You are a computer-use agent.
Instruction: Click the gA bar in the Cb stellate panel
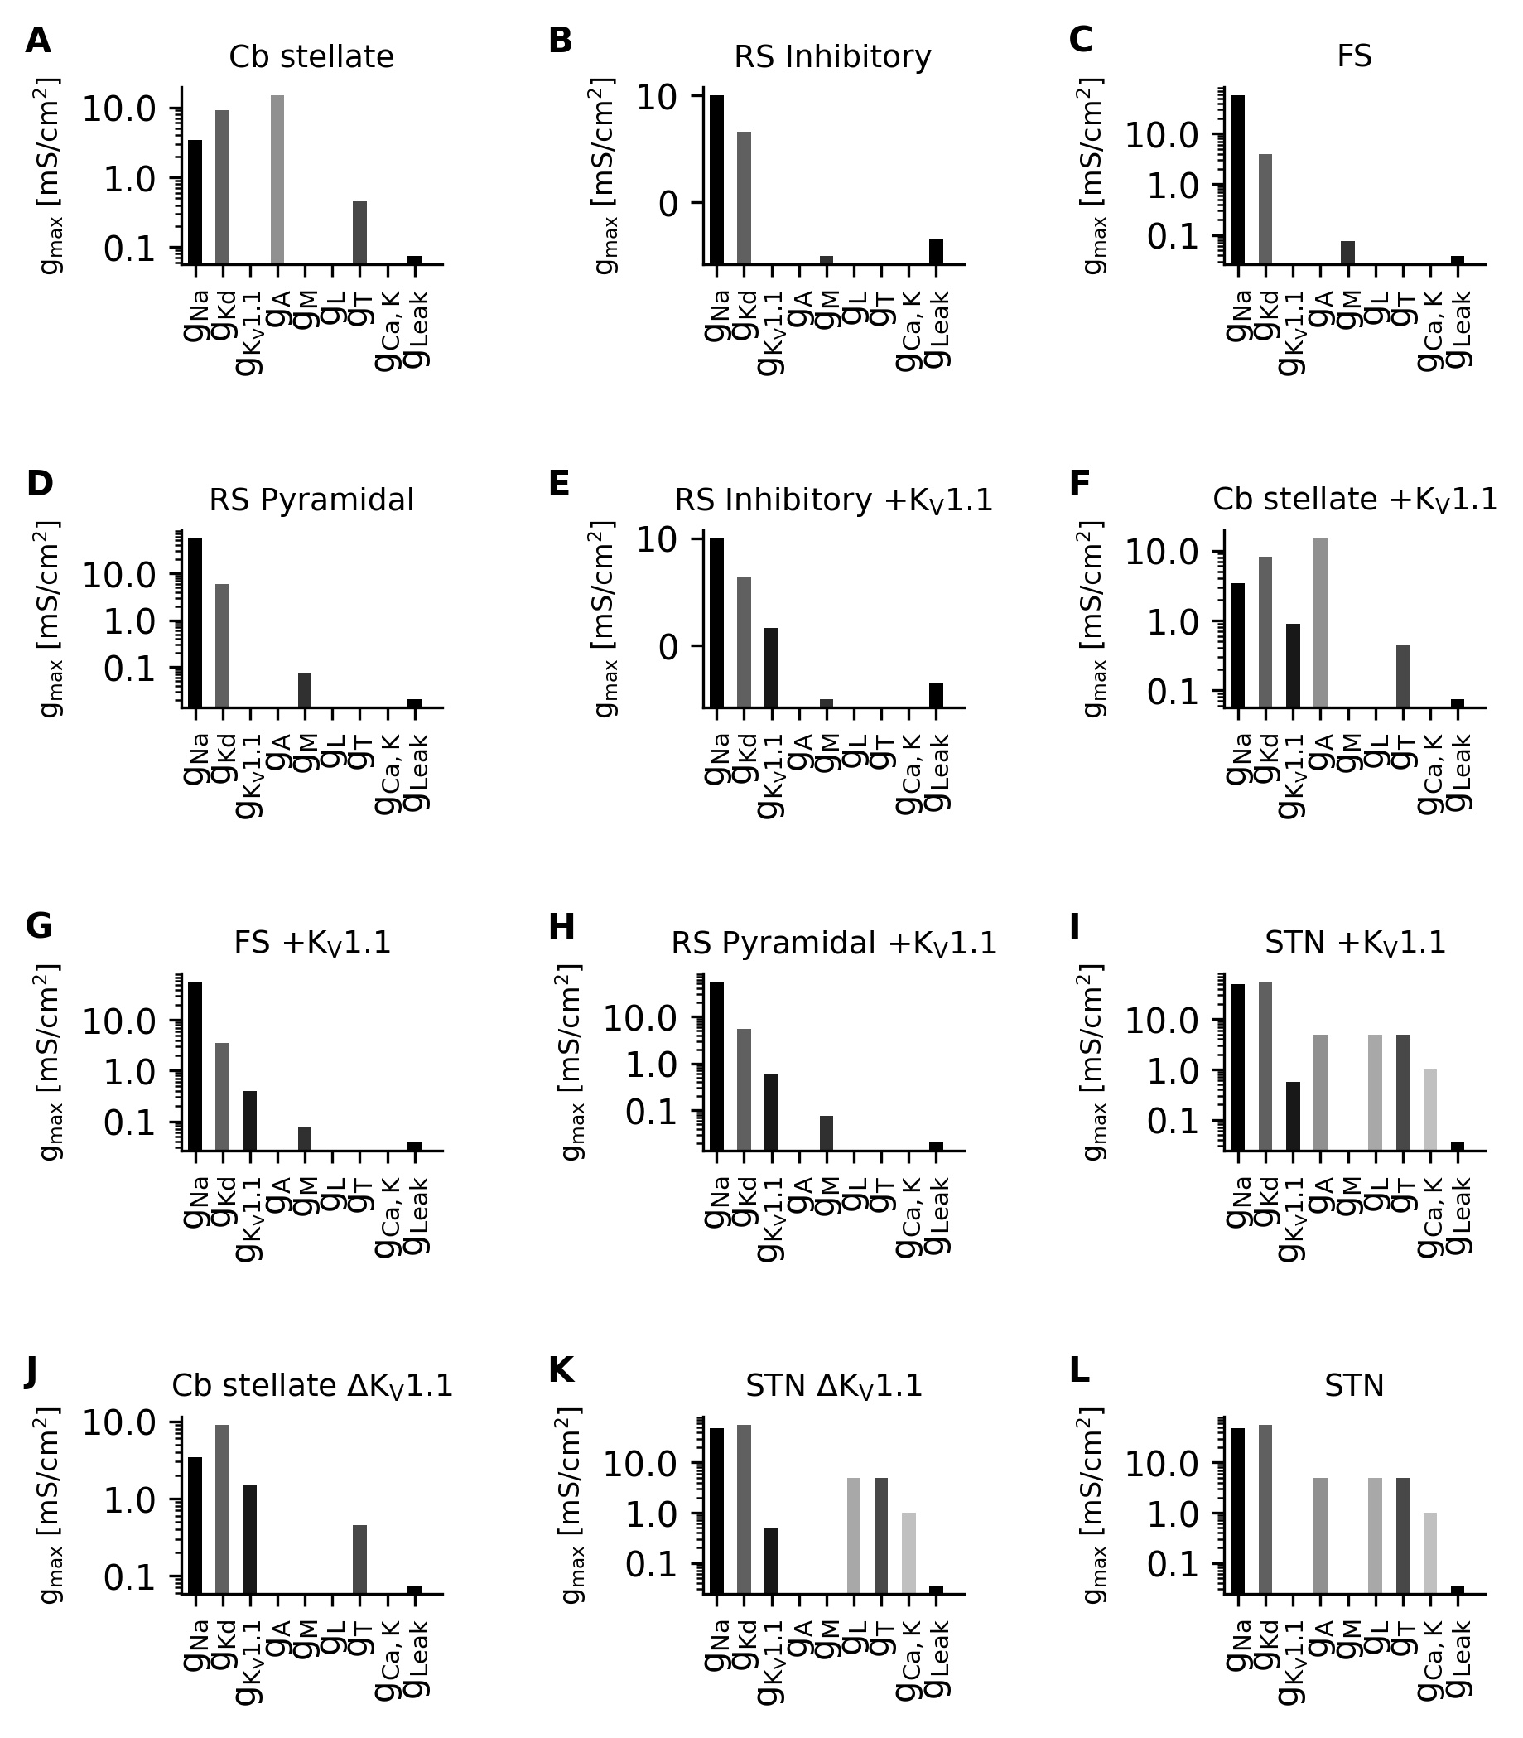click(278, 180)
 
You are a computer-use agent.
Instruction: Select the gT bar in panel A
click(360, 232)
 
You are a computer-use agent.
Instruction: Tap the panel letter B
click(560, 41)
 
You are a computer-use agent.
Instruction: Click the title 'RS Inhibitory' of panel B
click(832, 57)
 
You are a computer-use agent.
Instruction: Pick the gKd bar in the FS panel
click(1266, 209)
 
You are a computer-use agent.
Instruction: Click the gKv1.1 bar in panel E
click(772, 668)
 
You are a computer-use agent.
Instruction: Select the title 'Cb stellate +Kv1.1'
click(1354, 500)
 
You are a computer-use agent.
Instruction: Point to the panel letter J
click(31, 1372)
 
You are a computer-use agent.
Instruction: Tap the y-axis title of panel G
click(50, 1062)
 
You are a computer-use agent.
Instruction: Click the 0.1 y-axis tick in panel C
click(1172, 236)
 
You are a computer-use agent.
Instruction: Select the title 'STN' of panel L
click(1354, 1387)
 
